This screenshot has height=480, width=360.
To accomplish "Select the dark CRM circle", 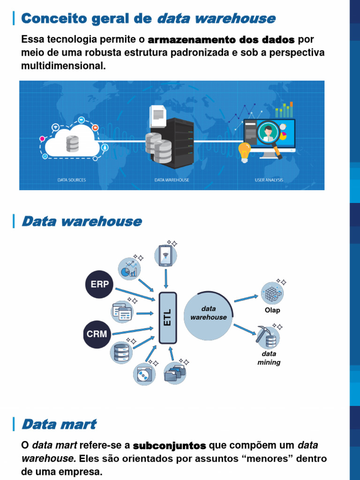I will (97, 335).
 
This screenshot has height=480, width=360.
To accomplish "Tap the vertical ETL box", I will (168, 317).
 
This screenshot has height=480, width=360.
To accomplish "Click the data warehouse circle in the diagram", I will (208, 314).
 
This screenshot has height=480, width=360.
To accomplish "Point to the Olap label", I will (272, 310).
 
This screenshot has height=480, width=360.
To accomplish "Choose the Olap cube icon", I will (272, 293).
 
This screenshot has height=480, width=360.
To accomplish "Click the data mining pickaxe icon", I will (268, 337).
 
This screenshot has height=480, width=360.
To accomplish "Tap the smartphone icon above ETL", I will (166, 256).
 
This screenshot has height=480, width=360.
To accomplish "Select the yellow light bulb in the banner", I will (244, 152).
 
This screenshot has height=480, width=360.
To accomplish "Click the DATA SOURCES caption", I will (71, 180).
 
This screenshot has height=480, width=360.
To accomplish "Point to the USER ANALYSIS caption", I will (269, 180).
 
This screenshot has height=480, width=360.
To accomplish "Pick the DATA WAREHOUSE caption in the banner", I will (172, 180).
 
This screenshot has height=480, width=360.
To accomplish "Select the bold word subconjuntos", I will (169, 445).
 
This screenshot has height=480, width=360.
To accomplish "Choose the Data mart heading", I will (59, 425).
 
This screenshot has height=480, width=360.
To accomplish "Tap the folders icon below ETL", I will (175, 373).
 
